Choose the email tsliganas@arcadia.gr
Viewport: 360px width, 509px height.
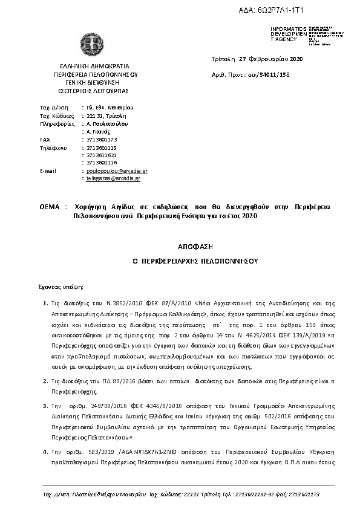[113, 179]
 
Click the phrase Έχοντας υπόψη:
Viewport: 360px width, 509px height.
[62, 285]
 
